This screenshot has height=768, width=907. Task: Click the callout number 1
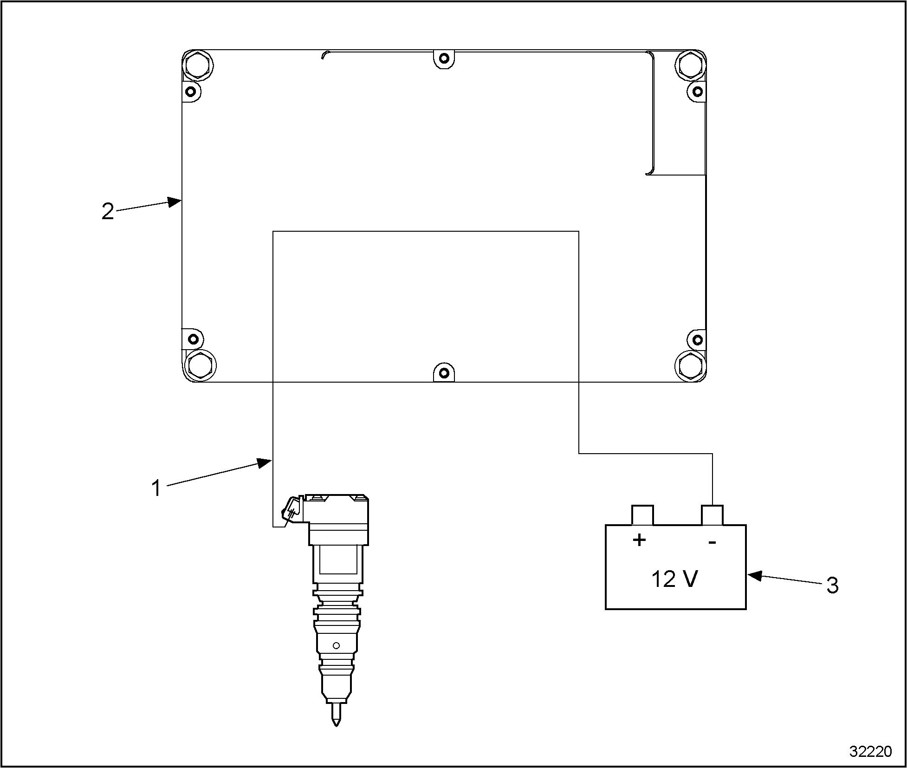pos(157,488)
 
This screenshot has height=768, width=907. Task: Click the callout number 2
pos(108,212)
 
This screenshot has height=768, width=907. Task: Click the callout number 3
pos(833,586)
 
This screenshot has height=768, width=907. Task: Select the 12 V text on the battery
pos(674,579)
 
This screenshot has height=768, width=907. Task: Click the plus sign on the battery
pos(639,540)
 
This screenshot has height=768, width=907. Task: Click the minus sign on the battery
pos(713,542)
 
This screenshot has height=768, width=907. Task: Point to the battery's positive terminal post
pos(642,515)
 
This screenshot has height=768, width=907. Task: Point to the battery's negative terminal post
pos(712,515)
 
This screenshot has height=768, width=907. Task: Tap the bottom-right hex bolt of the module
pos(690,364)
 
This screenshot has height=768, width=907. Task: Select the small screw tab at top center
pos(444,59)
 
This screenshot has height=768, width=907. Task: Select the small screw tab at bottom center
pos(444,373)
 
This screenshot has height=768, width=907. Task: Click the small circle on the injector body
pos(337,645)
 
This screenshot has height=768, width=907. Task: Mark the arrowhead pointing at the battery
pos(754,576)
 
